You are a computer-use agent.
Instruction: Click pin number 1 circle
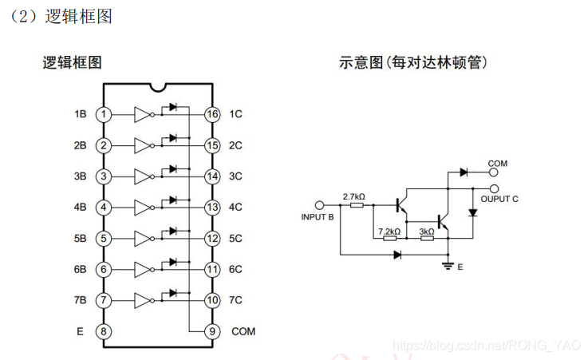[103, 114]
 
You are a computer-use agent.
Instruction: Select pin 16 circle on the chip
[211, 114]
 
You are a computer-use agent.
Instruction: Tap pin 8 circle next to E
[103, 331]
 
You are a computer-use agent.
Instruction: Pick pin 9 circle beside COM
[211, 331]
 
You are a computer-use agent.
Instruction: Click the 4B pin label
[80, 208]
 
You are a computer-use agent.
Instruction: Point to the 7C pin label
[235, 301]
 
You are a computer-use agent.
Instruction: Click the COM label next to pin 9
[243, 331]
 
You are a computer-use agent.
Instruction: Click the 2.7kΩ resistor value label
[353, 196]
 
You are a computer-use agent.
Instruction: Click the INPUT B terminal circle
[321, 204]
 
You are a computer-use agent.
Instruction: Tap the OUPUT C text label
[499, 198]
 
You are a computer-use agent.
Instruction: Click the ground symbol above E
[447, 265]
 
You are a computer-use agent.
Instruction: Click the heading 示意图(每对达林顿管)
[412, 62]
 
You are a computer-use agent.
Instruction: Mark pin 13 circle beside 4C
[211, 208]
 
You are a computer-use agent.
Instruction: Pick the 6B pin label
[80, 270]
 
